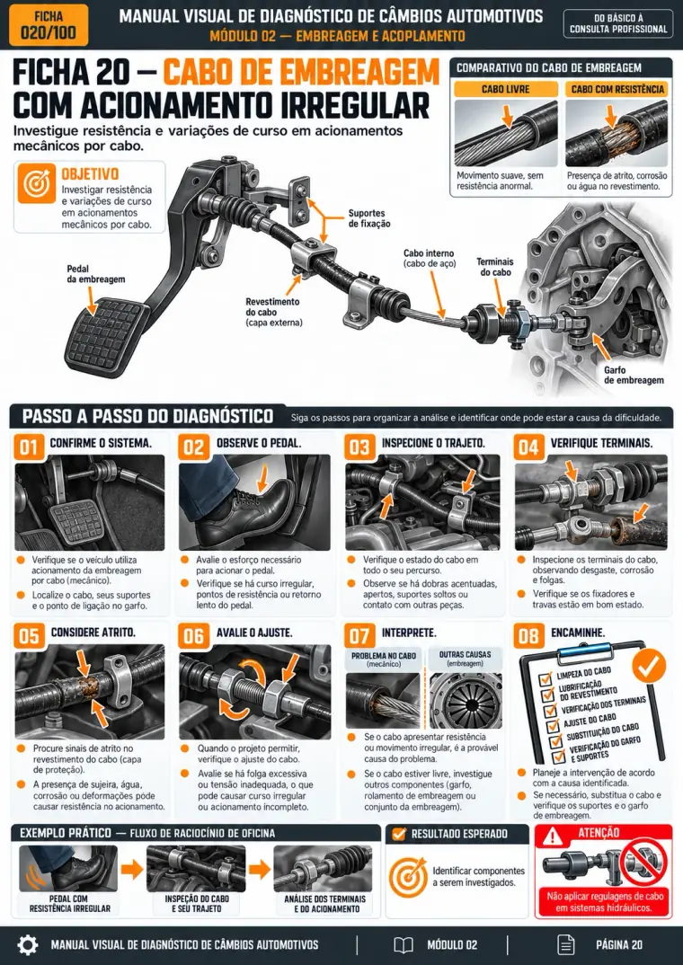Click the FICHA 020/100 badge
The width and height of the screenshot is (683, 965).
[x=49, y=25]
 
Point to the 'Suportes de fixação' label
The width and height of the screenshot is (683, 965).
[x=369, y=218]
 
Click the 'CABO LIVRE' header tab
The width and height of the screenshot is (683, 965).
[x=506, y=89]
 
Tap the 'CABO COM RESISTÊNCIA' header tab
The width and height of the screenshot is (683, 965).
[x=617, y=89]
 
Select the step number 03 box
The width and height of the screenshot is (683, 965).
[x=359, y=447]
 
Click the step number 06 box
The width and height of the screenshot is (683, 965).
[x=193, y=636]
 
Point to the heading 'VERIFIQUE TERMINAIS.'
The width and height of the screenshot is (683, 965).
[x=601, y=443]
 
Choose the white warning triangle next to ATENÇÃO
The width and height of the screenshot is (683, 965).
[x=554, y=835]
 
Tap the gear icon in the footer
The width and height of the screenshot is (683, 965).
[x=27, y=944]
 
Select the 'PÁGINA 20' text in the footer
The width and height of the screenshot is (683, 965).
[x=619, y=944]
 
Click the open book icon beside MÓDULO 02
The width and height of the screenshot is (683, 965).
[x=404, y=944]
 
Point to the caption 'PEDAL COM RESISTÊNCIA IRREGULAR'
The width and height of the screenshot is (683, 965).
[x=69, y=904]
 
